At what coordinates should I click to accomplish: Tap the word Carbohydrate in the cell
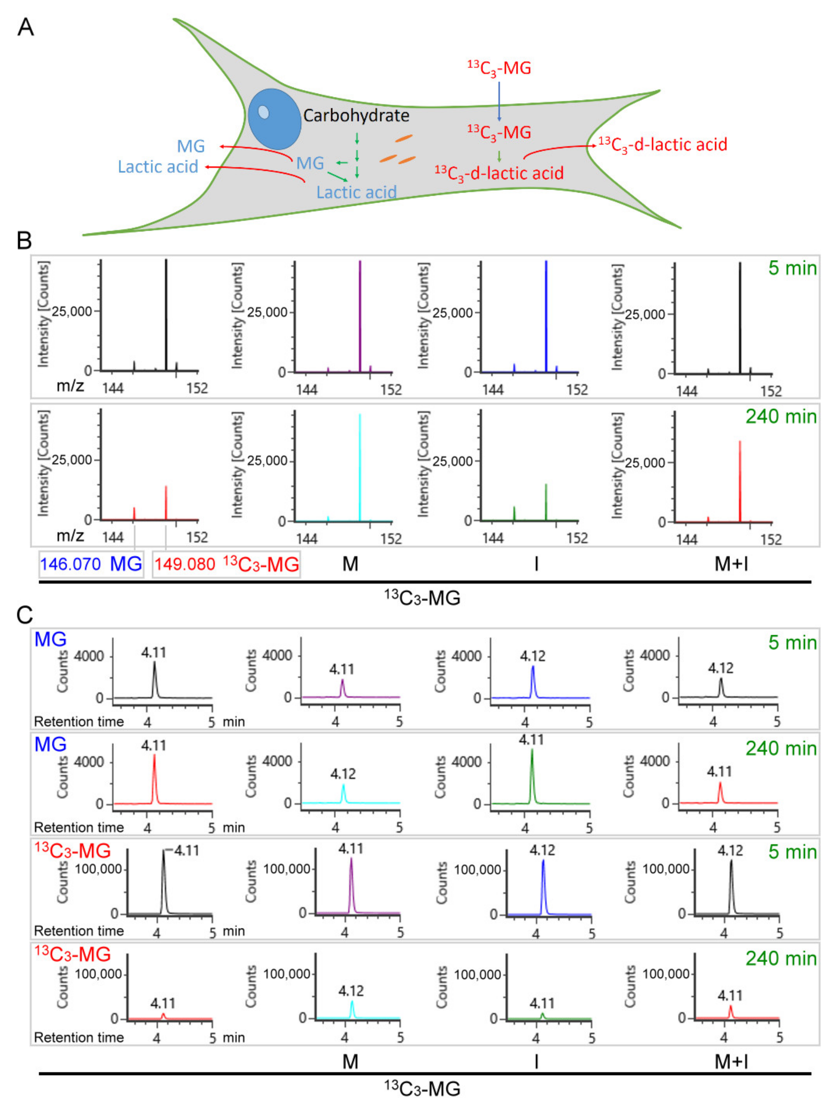[356, 116]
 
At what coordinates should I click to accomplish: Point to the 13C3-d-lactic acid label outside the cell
[663, 145]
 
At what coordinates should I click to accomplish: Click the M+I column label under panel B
[731, 564]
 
